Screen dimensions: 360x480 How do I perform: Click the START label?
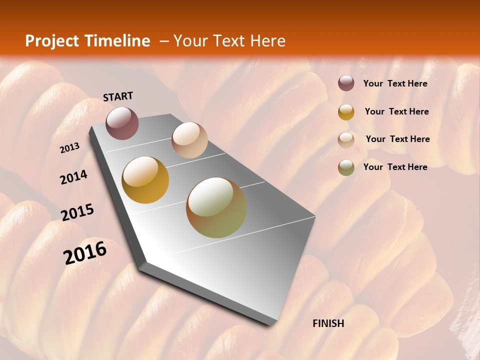[x=118, y=96]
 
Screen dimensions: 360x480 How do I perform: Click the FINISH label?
[x=328, y=323]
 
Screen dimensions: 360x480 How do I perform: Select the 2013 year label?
[x=70, y=148]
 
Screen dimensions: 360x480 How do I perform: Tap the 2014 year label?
[x=74, y=177]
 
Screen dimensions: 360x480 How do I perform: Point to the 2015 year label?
[x=77, y=212]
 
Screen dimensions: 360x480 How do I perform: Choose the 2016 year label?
[x=85, y=252]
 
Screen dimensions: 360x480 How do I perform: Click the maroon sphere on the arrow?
[x=122, y=123]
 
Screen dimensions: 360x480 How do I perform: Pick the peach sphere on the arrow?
[x=189, y=140]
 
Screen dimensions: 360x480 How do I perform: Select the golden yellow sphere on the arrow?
[x=145, y=180]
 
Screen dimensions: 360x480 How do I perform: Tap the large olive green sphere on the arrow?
[x=216, y=207]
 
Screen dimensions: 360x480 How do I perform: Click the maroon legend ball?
[x=346, y=83]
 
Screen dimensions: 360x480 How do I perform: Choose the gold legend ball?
[x=346, y=112]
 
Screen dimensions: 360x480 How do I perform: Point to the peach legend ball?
[x=346, y=140]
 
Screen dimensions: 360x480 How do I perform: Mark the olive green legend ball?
[x=346, y=167]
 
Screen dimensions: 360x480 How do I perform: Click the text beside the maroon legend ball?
[x=395, y=84]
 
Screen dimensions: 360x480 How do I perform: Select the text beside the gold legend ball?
[x=396, y=111]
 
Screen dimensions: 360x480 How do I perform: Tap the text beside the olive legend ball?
[x=395, y=167]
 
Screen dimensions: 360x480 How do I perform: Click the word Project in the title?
[x=52, y=41]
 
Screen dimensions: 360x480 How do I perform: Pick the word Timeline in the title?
[x=117, y=41]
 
